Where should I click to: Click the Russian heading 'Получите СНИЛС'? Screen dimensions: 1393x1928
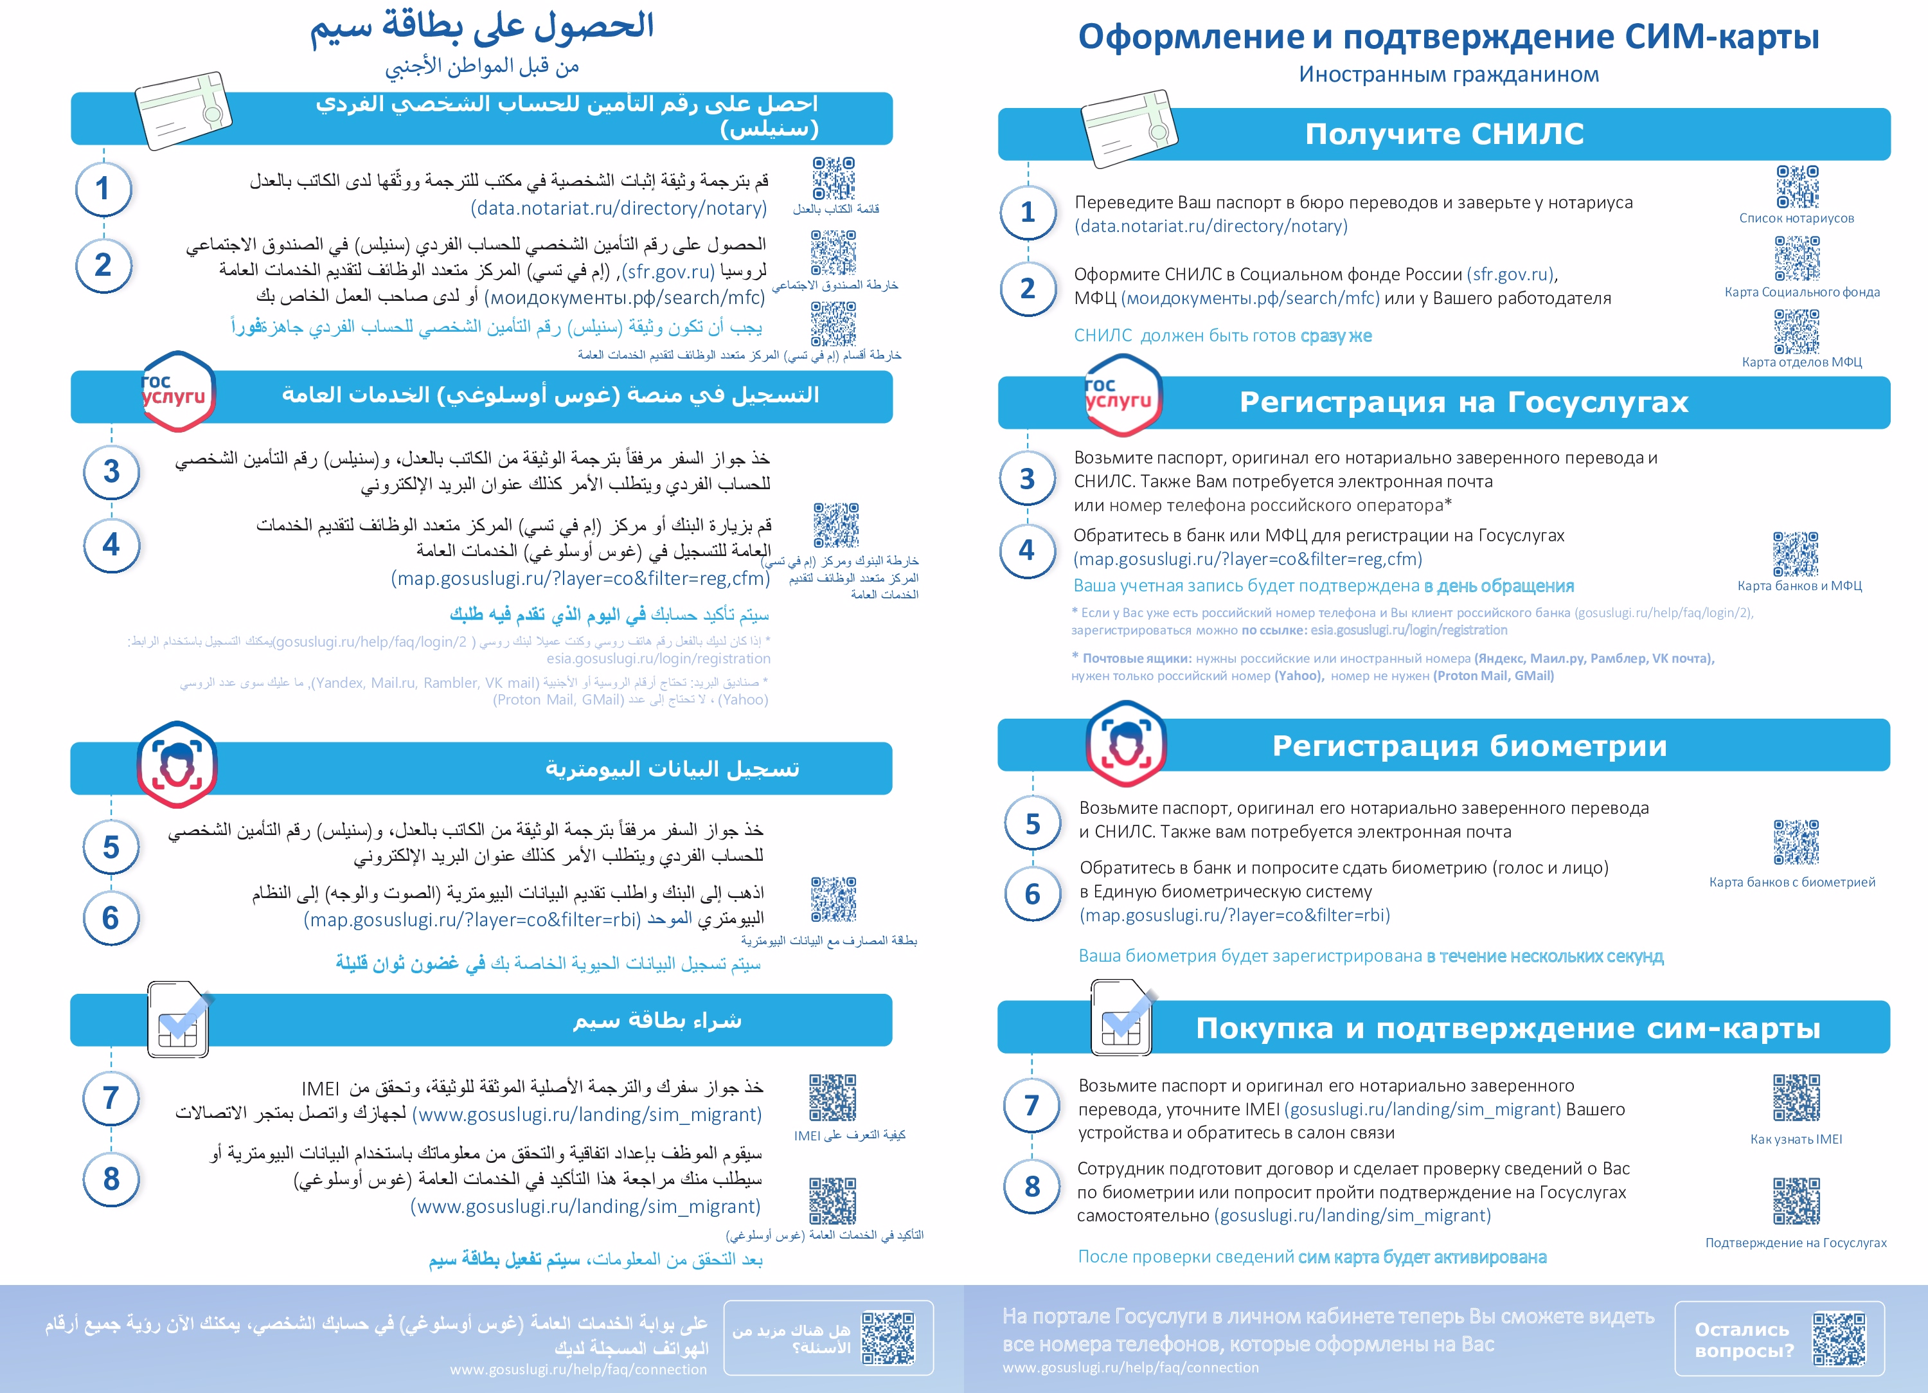(1444, 134)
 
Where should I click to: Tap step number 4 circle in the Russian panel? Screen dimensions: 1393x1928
(1027, 550)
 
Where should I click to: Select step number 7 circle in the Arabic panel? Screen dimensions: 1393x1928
(111, 1098)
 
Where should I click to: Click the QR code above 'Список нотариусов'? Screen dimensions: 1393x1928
(1797, 186)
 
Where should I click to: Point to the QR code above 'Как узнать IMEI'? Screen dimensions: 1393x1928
(1796, 1098)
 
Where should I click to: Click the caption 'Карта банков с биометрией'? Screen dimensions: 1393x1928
(1792, 882)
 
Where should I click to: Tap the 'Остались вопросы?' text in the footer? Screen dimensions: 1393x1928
(1744, 1340)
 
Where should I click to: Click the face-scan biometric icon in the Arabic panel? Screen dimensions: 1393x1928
(177, 764)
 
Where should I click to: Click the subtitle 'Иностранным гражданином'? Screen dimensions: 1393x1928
(1449, 75)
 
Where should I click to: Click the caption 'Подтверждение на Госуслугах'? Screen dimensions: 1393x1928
(1796, 1243)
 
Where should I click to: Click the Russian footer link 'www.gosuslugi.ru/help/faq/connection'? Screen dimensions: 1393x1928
(1130, 1367)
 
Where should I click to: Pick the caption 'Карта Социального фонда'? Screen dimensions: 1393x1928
(1802, 292)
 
